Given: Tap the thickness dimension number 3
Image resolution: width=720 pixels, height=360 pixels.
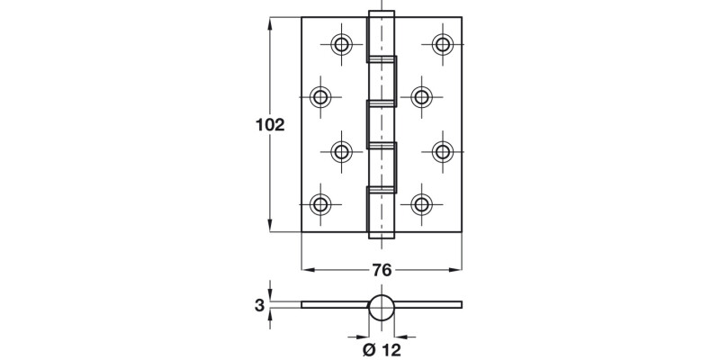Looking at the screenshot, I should (259, 306).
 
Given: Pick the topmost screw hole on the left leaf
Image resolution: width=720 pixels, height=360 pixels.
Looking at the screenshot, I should (342, 44).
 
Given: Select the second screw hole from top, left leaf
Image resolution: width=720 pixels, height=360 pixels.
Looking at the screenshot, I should (321, 97).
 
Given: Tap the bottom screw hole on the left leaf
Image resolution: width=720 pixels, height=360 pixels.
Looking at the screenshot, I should (321, 203).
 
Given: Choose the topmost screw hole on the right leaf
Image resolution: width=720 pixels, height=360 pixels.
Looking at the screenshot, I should (441, 44).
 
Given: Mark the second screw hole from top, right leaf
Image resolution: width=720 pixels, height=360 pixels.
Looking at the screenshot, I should (420, 97).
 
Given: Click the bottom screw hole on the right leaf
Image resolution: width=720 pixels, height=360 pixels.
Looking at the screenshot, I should (420, 203).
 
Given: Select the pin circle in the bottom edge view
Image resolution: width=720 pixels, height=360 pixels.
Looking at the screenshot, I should (382, 306).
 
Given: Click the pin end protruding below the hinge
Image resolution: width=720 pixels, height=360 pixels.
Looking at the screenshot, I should (382, 237).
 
